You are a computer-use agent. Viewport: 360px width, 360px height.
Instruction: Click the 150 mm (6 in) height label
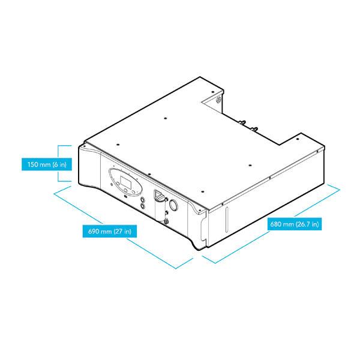(x=47, y=164)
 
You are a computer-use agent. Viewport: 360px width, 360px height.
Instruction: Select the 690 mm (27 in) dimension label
(x=110, y=231)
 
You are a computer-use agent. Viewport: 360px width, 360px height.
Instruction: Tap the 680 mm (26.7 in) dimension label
(x=295, y=224)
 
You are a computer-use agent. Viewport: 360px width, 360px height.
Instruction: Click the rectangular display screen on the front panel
(x=125, y=182)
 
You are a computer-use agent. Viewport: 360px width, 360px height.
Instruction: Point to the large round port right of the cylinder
(x=173, y=205)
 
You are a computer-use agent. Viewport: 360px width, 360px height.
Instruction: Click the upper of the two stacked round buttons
(x=143, y=200)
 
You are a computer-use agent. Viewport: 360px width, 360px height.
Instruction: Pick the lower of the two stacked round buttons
(x=143, y=206)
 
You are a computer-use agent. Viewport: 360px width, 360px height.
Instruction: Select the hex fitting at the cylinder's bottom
(x=166, y=221)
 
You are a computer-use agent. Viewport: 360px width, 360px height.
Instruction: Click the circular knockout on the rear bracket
(x=218, y=100)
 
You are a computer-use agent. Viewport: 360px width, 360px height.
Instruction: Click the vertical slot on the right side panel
(x=227, y=220)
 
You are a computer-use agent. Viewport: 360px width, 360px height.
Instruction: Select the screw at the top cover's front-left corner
(x=85, y=146)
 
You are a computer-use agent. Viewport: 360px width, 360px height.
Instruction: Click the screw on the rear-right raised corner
(x=298, y=139)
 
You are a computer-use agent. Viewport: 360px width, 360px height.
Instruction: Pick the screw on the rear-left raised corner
(x=213, y=91)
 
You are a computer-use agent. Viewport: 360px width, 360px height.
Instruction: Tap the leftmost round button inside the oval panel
(x=118, y=184)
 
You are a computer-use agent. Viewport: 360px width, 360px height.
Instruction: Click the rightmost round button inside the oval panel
(x=133, y=192)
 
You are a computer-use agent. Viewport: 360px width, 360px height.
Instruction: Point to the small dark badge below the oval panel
(x=125, y=196)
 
